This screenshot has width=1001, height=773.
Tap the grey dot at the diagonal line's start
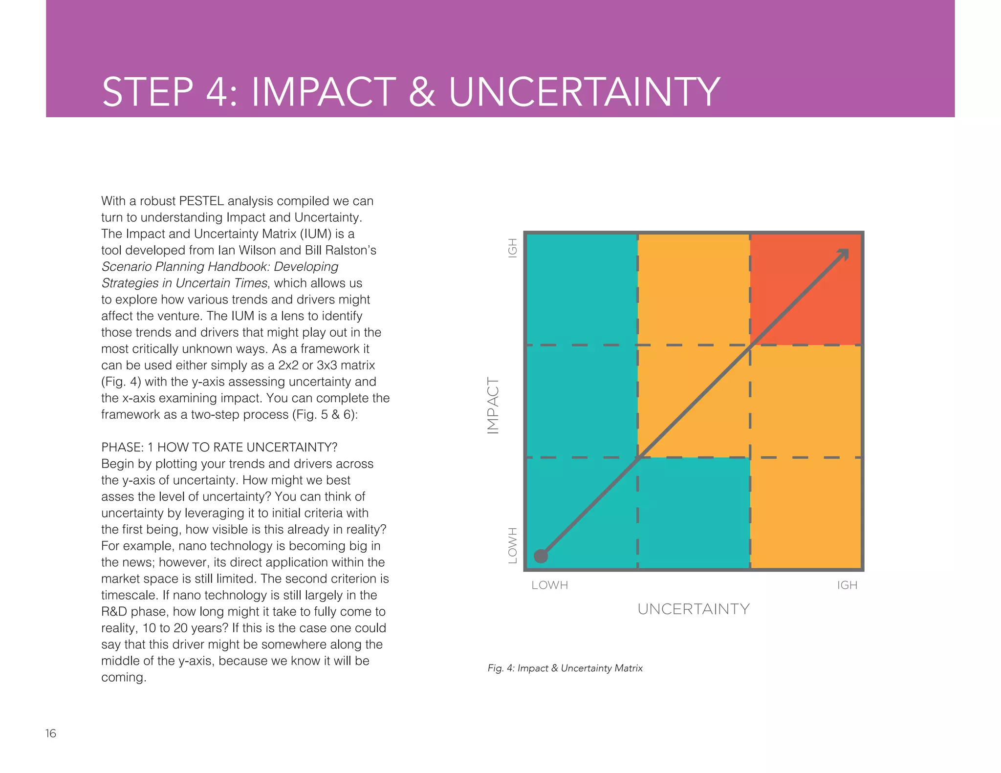[541, 556]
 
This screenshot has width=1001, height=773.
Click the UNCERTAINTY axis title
[694, 609]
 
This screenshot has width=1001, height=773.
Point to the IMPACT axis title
[493, 406]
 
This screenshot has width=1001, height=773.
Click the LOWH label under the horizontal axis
[549, 585]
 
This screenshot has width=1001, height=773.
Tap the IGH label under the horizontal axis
[847, 585]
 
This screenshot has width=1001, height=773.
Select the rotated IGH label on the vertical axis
[512, 248]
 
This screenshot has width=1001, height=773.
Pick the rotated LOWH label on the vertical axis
[512, 545]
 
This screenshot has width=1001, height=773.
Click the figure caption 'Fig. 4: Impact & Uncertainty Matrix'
[565, 668]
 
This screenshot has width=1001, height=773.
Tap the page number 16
[51, 733]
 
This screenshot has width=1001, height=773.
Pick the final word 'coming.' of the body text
[124, 677]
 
